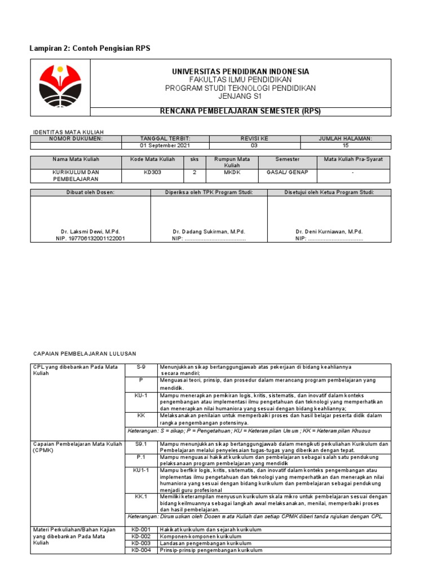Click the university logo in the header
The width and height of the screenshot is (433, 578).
tap(60, 86)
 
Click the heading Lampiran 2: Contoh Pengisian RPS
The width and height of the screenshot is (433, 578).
tap(90, 49)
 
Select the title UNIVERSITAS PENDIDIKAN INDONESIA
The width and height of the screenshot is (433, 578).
tap(240, 72)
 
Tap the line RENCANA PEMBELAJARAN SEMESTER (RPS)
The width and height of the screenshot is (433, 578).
tap(240, 111)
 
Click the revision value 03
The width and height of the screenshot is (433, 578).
tap(254, 145)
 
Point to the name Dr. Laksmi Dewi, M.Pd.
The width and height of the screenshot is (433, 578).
tap(90, 232)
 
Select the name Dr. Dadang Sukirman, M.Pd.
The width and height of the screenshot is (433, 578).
tap(209, 232)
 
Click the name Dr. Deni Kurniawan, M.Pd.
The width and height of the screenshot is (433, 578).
tap(329, 232)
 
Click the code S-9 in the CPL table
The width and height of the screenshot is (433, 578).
tap(141, 367)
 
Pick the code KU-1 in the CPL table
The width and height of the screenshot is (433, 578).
tap(141, 395)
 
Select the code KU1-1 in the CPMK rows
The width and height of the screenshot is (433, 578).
tap(141, 470)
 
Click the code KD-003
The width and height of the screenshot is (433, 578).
tap(141, 543)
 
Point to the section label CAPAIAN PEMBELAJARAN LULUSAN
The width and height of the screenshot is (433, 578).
tap(85, 353)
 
